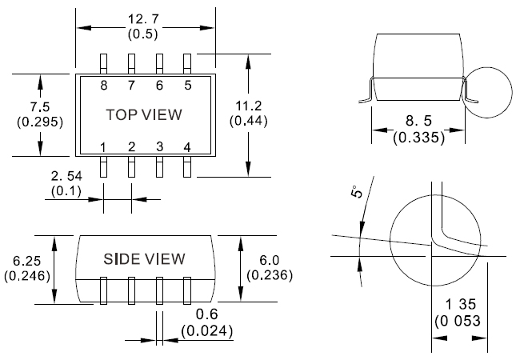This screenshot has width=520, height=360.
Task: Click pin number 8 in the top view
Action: pos(104,85)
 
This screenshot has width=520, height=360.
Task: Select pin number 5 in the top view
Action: pos(187,85)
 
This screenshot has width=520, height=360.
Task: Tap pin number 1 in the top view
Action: pos(104,146)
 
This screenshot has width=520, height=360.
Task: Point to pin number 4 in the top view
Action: pos(187,146)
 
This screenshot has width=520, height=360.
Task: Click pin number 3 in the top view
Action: pos(159,146)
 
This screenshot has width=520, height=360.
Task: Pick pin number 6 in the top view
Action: pos(159,85)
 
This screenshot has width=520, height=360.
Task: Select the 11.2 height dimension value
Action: pos(246,106)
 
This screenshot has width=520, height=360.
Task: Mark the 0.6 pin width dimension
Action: pos(204,313)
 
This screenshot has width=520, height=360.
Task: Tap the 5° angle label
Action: pos(358,191)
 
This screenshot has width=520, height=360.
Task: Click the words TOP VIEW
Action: pos(144,115)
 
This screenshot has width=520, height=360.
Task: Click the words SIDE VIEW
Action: pos(145,259)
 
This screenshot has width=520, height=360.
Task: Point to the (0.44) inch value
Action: pos(246,121)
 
